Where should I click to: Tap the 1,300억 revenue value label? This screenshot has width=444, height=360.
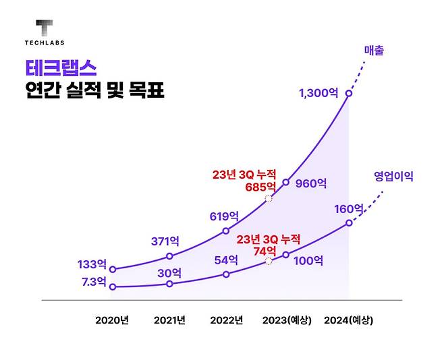point(318,94)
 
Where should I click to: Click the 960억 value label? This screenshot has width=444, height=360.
point(311,183)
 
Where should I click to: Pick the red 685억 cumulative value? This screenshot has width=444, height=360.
point(262,187)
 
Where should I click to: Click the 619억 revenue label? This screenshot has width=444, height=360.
point(224,216)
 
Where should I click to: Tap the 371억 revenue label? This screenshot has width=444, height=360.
point(165,241)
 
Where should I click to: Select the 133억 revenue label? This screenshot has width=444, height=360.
point(93,264)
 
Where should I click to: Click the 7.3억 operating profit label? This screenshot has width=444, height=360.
point(92,281)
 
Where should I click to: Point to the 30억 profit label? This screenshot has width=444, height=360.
point(169,272)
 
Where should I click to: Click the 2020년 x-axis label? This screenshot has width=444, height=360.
point(112,320)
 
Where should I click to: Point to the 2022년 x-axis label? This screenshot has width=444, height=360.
point(226,320)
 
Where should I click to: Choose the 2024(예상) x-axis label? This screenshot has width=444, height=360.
point(348,320)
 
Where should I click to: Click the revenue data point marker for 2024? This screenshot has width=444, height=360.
point(349,94)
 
